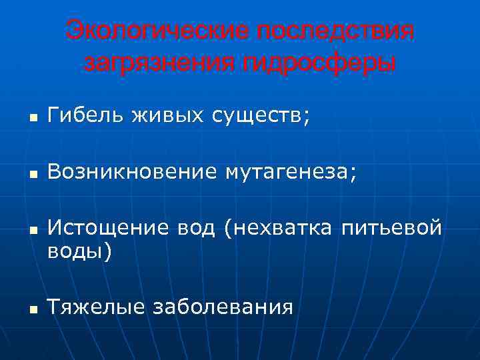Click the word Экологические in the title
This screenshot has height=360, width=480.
157,31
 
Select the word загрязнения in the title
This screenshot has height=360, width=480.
157,63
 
